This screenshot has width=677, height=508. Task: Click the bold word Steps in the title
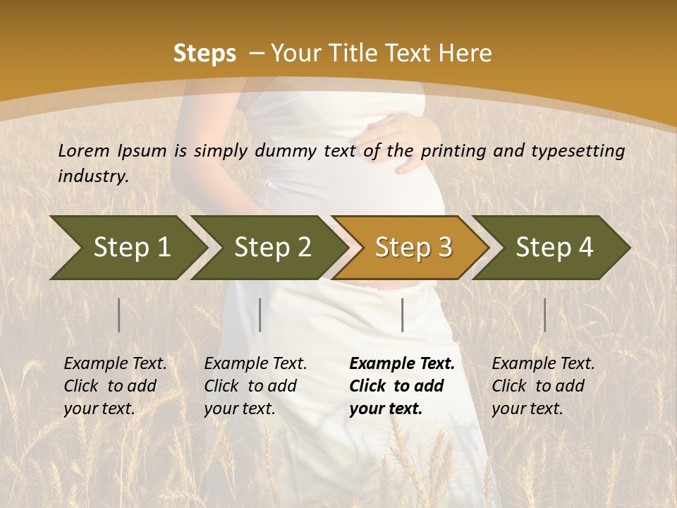205,54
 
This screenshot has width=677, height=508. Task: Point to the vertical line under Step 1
119,315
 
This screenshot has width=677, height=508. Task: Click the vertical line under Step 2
260,315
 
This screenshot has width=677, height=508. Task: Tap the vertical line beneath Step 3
402,315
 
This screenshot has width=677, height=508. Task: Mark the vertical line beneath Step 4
544,315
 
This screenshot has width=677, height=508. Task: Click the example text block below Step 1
115,386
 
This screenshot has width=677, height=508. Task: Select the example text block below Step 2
255,386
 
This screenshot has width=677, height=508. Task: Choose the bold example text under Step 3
402,386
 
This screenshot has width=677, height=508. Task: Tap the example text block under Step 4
543,386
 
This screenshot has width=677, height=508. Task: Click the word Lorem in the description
84,151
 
